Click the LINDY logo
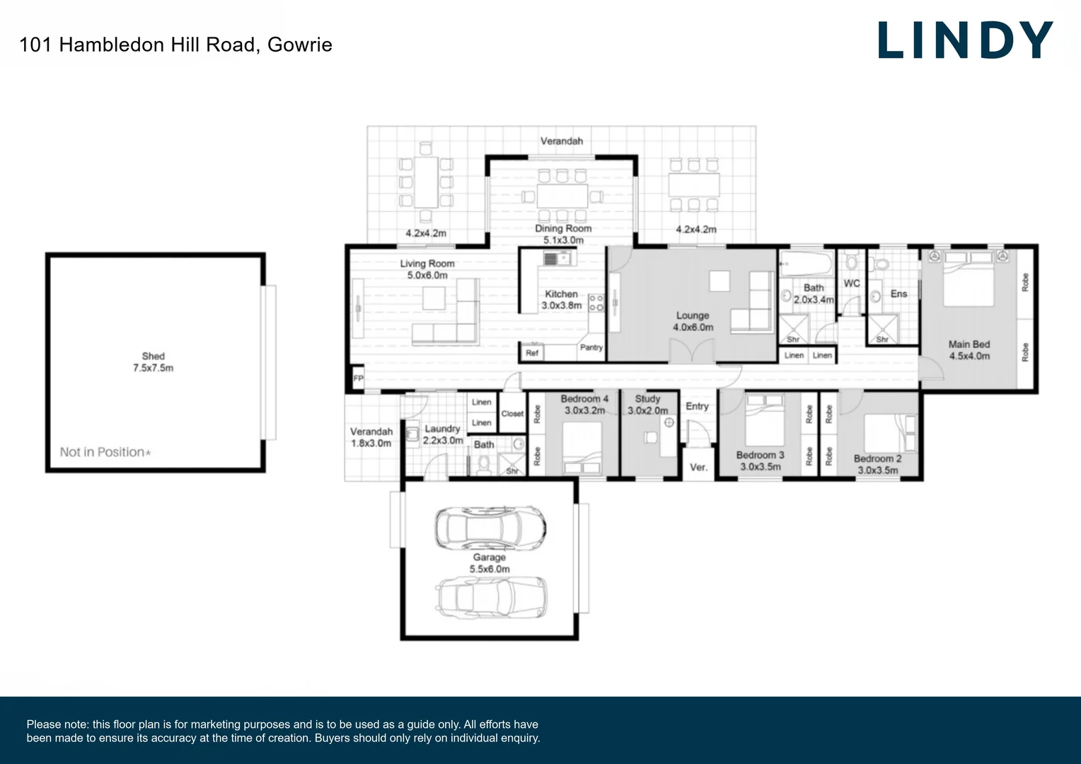point(965,40)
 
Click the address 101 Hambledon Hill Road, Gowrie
point(175,45)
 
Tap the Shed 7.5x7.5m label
point(153,362)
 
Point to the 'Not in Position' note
point(105,452)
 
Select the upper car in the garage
point(490,528)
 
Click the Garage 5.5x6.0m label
point(490,563)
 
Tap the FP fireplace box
point(358,378)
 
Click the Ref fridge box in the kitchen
point(532,352)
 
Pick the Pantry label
point(591,347)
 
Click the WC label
point(852,283)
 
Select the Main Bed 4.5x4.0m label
point(969,350)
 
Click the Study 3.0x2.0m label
point(647,405)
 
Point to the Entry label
point(697,406)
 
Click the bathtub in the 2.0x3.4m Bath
point(806,265)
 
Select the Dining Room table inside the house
point(562,195)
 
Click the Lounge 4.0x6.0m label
point(693,321)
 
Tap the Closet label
point(512,414)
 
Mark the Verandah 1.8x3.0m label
point(371,437)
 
